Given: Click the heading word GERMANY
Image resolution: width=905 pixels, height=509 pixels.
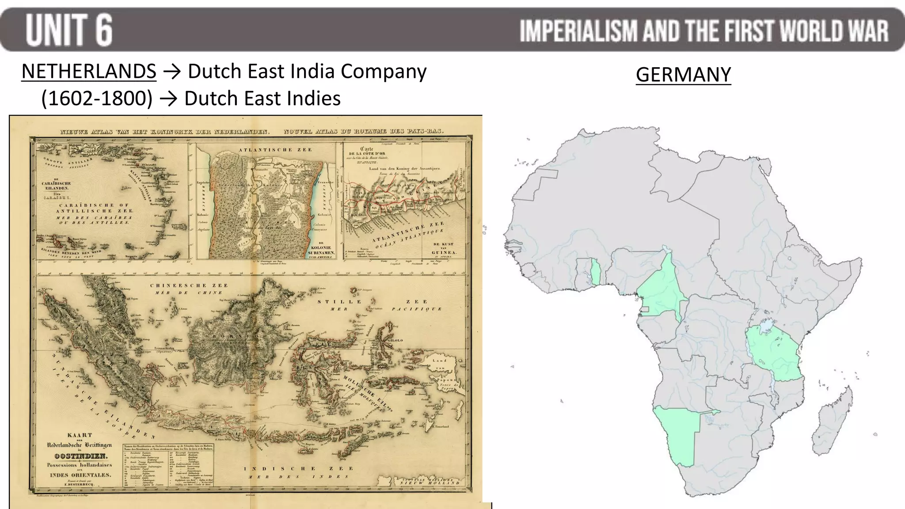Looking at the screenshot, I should (x=683, y=74).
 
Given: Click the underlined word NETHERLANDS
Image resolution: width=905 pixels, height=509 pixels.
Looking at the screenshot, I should (x=89, y=71).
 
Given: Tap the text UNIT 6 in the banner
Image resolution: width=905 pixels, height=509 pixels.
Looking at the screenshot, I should (x=69, y=30).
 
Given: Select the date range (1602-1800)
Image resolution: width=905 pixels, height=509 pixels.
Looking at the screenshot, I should (x=97, y=98).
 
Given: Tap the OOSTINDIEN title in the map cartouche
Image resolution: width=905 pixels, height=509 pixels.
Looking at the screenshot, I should (x=80, y=456).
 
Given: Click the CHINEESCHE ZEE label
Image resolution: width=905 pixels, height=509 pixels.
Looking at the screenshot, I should (x=189, y=285).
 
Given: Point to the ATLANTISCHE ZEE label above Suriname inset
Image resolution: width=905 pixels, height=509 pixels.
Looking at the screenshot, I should (x=275, y=150).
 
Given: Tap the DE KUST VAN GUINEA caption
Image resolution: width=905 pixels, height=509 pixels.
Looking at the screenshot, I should (x=443, y=249).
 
